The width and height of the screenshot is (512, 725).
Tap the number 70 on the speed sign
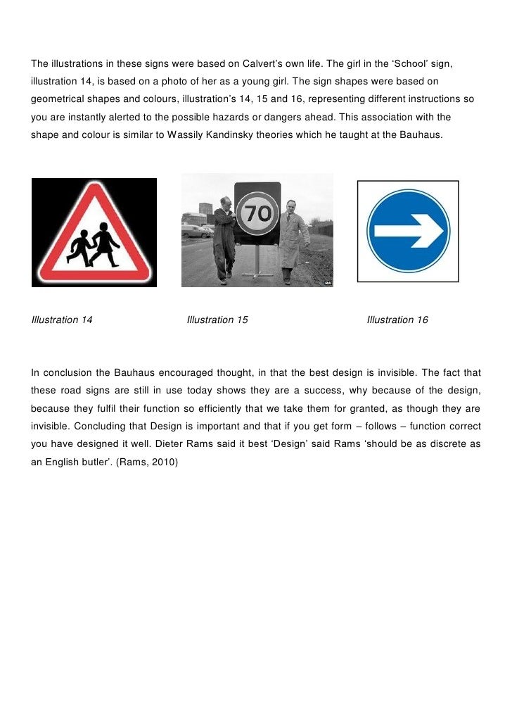click(258, 212)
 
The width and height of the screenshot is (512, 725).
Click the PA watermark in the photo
click(327, 282)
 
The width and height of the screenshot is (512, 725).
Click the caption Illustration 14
click(62, 320)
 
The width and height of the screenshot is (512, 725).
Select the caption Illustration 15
click(217, 320)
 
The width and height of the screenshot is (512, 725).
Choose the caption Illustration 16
click(397, 320)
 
